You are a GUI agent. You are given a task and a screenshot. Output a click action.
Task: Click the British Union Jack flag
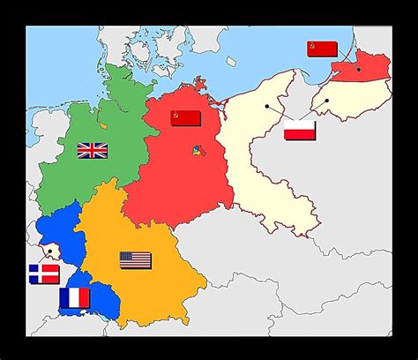point(92,151)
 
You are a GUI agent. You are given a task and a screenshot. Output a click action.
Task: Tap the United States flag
point(135,260)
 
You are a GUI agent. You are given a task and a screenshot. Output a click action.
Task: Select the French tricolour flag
point(74,298)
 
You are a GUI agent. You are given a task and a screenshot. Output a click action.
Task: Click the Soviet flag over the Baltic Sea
point(322,49)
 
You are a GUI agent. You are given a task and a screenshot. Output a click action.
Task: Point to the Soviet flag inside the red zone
point(185,118)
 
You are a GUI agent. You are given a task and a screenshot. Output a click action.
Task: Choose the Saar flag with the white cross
point(43,274)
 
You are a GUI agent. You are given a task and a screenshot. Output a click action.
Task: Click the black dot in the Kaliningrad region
point(359,68)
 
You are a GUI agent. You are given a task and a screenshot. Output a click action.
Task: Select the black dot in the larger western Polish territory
point(266,106)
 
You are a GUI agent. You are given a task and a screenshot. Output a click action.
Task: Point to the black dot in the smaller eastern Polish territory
point(326,101)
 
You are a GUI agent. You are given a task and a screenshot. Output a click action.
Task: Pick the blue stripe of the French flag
point(64,298)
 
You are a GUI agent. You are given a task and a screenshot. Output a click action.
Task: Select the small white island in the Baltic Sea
point(232,62)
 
